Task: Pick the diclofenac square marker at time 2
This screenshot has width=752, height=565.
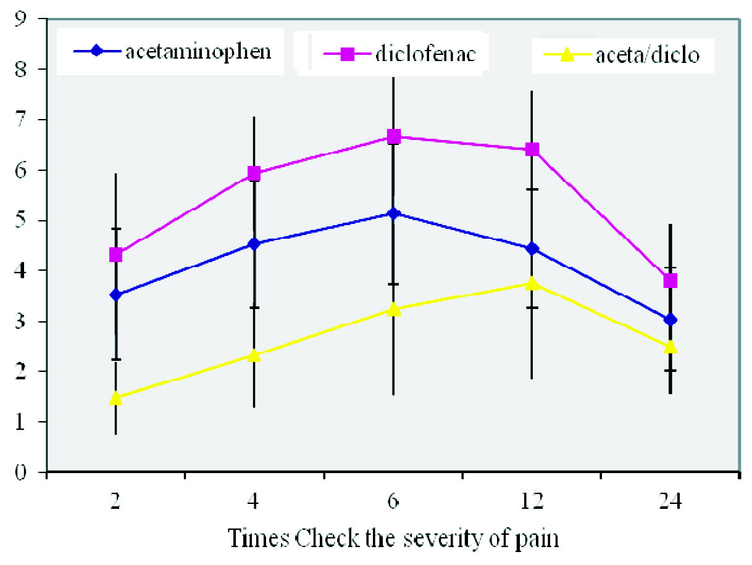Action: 115,255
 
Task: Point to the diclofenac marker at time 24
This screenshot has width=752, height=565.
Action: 671,281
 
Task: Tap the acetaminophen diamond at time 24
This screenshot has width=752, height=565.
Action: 671,320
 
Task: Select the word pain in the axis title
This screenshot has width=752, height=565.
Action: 538,540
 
